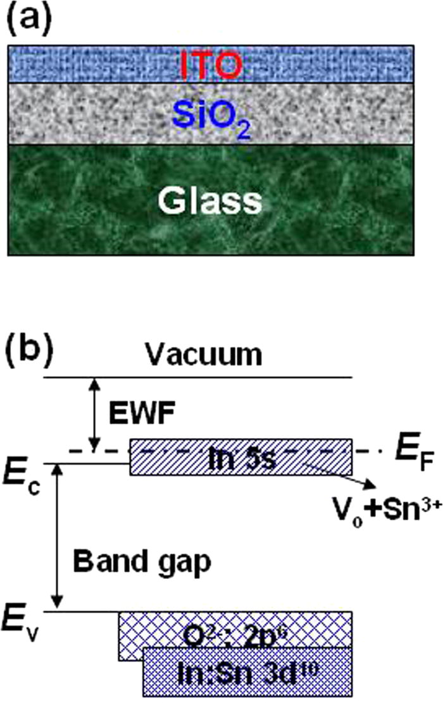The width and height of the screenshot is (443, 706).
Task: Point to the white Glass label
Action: pyautogui.click(x=209, y=202)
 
